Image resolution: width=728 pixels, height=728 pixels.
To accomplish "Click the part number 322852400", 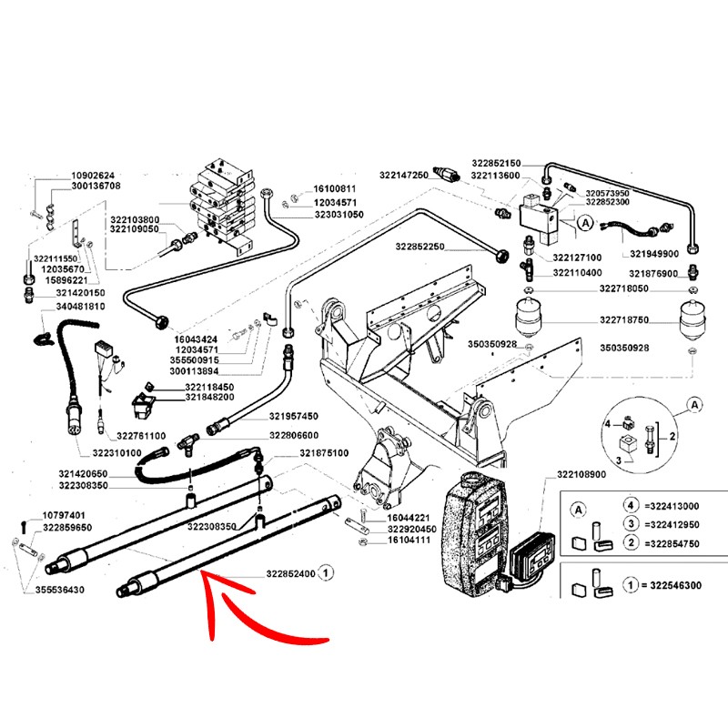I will click(x=290, y=574).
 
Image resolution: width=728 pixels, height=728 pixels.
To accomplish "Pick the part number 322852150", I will click(x=496, y=163).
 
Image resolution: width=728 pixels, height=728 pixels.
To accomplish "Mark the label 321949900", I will click(x=653, y=254).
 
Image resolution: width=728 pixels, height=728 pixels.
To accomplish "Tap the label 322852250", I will click(x=420, y=247).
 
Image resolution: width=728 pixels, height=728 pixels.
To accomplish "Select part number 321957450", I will click(x=293, y=417).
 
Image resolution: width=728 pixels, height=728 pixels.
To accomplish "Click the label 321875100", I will click(x=325, y=452).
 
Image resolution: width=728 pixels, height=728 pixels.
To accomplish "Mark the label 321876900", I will click(x=652, y=274).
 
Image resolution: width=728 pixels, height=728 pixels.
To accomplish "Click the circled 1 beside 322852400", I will click(x=329, y=574).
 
